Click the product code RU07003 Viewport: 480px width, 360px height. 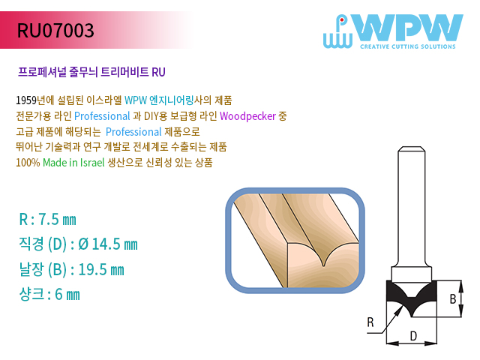point(55,30)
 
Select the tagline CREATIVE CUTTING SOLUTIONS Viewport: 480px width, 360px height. point(408,46)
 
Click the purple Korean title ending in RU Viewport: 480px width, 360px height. point(91,72)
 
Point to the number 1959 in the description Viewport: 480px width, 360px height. point(26,100)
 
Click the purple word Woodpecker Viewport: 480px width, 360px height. point(247,116)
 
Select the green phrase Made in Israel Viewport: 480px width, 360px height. point(73,162)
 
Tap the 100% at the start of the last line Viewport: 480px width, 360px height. point(28,162)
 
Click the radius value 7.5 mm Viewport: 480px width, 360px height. point(57,220)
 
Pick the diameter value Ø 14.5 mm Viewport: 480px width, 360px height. point(108,244)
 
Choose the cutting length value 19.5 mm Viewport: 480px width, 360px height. point(101,270)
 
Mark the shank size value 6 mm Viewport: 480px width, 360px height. point(67,295)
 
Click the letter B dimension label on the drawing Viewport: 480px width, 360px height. point(453,298)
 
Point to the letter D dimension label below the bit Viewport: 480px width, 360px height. point(413,336)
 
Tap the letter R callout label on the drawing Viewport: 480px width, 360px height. point(370,322)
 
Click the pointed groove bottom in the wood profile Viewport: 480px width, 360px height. point(323,265)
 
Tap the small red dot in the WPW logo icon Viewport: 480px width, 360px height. point(342,20)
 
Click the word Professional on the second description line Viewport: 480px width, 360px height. point(102,116)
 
